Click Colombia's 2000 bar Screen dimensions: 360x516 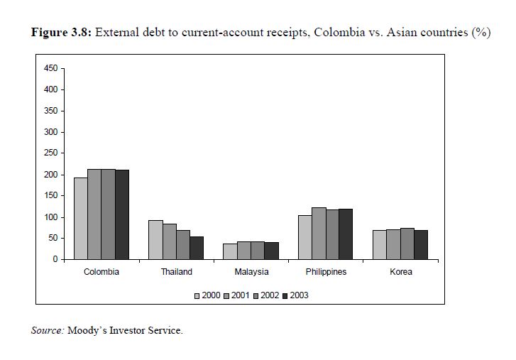(x=80, y=219)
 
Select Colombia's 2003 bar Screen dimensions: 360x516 (x=122, y=214)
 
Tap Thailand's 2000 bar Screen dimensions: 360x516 (x=155, y=240)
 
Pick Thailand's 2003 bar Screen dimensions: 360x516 (x=197, y=248)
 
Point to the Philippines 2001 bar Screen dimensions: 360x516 (x=319, y=234)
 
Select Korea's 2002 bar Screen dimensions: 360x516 (x=407, y=244)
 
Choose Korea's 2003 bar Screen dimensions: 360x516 (x=421, y=245)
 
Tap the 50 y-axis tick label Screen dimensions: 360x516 (x=52, y=239)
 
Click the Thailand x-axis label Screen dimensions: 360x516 (x=176, y=272)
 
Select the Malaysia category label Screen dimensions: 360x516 (x=251, y=272)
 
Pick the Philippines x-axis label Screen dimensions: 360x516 (x=326, y=272)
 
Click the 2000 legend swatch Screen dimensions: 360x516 (x=197, y=296)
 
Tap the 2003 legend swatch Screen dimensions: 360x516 (x=285, y=296)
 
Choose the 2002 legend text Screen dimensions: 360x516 (x=270, y=296)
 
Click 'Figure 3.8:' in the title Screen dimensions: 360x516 (x=62, y=33)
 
